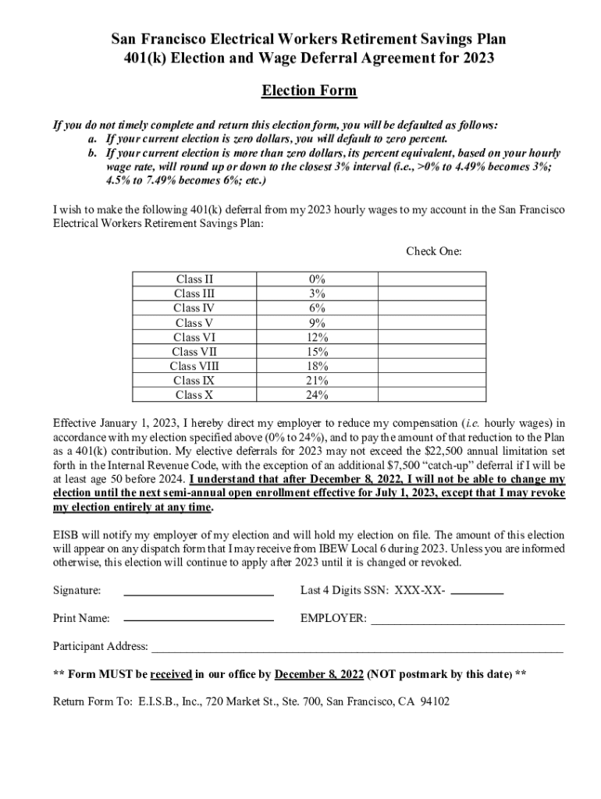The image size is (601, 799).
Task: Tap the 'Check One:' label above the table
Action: (433, 251)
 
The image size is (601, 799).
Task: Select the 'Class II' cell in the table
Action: (194, 279)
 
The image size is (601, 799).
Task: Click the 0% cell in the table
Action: (317, 279)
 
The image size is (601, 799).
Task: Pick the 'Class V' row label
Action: (194, 323)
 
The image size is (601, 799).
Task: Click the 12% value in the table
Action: (317, 337)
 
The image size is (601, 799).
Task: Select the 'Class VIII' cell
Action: (194, 366)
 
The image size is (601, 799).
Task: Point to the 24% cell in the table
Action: (317, 395)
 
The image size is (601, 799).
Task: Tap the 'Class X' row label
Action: (194, 395)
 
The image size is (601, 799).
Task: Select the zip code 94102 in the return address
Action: (434, 701)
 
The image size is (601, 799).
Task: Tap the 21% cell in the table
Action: (317, 381)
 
